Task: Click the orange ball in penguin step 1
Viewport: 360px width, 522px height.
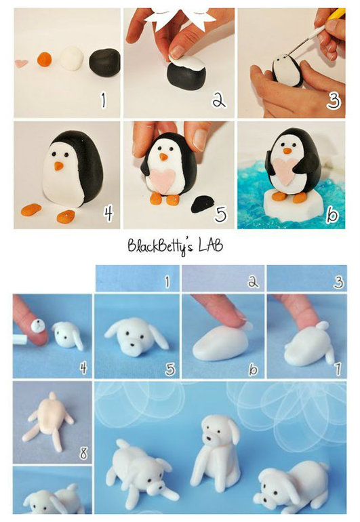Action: click(x=44, y=59)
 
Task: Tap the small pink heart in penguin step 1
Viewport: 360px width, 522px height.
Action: click(x=21, y=63)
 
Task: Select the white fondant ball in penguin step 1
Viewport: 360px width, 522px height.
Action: click(x=72, y=58)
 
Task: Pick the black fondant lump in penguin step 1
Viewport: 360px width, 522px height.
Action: click(x=104, y=62)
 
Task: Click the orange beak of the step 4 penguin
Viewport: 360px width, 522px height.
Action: click(x=58, y=166)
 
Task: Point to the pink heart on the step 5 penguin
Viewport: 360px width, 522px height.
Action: click(x=163, y=180)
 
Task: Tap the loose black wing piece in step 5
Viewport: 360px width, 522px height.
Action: click(x=202, y=204)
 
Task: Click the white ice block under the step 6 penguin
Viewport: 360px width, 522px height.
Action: click(x=293, y=207)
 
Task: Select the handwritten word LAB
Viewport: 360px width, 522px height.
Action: click(x=211, y=245)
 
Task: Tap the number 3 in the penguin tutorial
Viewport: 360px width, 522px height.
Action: click(x=333, y=100)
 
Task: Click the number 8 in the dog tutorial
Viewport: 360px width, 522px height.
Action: click(x=83, y=453)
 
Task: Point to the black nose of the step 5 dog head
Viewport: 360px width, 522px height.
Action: click(x=132, y=344)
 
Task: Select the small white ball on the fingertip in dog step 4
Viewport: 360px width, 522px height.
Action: click(x=37, y=326)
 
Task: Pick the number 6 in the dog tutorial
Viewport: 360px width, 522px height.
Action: click(x=253, y=369)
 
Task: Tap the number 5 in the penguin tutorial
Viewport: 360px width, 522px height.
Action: click(x=220, y=214)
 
